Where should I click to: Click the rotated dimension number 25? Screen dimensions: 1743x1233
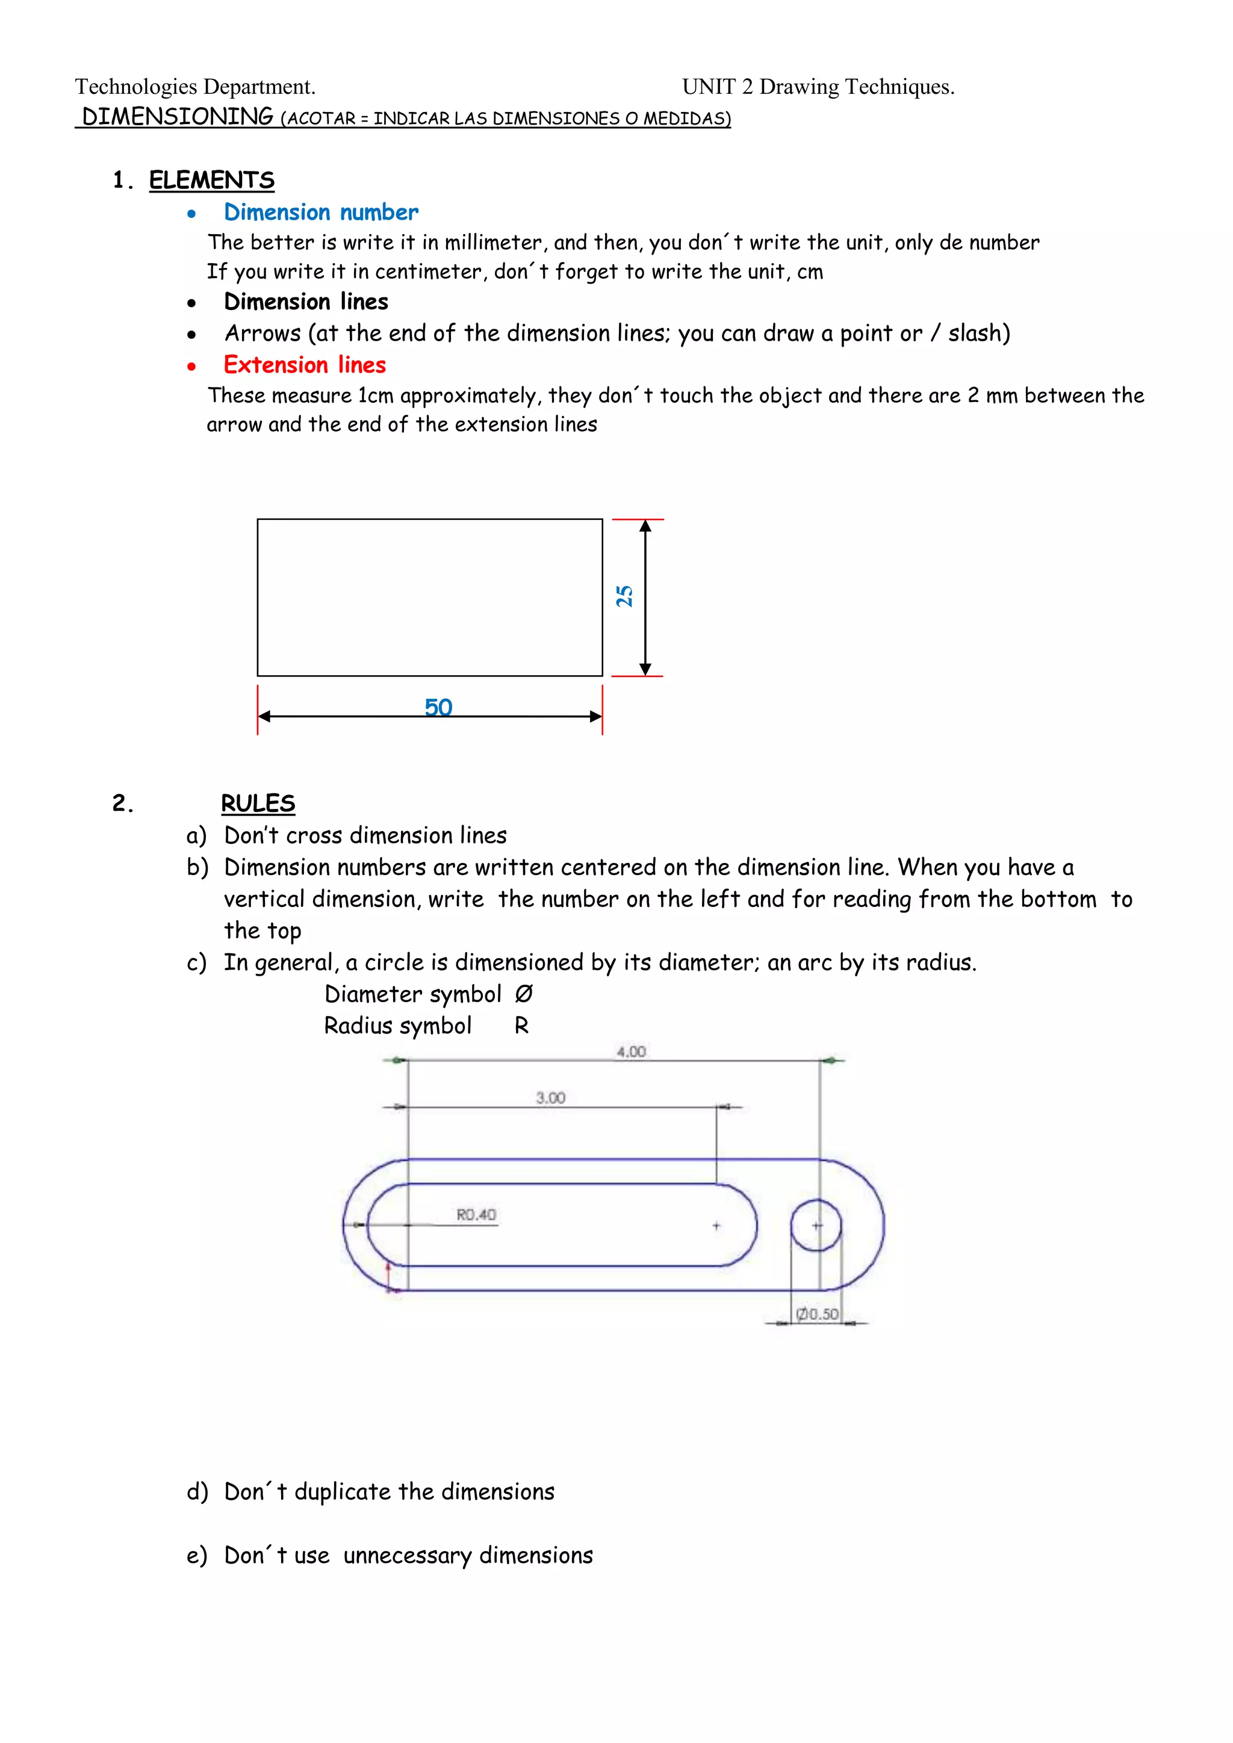[x=624, y=596]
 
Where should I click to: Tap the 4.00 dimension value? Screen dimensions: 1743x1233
[x=631, y=1051]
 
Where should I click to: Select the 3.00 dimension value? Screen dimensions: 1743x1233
[x=550, y=1098]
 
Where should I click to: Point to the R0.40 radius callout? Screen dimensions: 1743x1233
[x=476, y=1215]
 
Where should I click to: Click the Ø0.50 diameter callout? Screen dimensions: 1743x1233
[x=818, y=1313]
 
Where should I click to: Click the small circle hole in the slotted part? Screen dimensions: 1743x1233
[x=816, y=1225]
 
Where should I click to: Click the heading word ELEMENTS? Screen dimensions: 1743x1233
[x=211, y=180]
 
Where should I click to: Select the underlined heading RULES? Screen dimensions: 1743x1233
[x=258, y=803]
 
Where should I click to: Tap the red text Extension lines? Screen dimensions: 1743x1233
[x=305, y=365]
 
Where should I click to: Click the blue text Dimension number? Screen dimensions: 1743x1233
[x=320, y=212]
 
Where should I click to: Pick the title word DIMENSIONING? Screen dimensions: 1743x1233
[x=178, y=117]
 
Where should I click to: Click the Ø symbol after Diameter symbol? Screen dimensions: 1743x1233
[x=524, y=994]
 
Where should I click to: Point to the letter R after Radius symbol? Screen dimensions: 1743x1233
[x=521, y=1026]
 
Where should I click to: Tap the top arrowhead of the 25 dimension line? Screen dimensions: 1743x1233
[x=645, y=526]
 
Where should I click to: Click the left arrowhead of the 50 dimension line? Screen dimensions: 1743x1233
[x=265, y=716]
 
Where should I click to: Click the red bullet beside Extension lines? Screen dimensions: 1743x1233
[x=191, y=367]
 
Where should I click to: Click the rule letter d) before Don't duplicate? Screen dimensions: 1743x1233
[x=197, y=1492]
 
